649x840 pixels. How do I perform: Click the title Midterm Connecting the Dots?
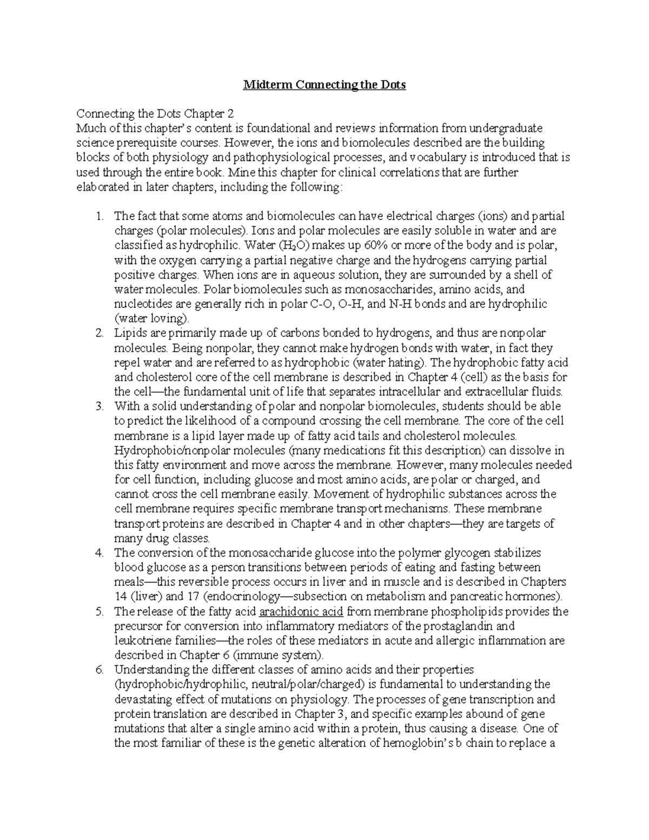point(324,85)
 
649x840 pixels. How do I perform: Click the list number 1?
point(98,216)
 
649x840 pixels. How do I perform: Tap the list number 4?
point(98,553)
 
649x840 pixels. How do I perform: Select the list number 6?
point(98,670)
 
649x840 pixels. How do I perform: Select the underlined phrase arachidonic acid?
point(301,611)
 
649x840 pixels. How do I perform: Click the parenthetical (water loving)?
point(152,319)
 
